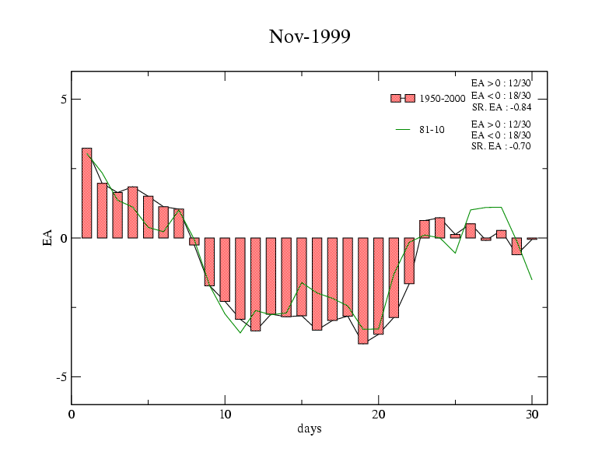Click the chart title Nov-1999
click(x=310, y=37)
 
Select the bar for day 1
click(x=87, y=193)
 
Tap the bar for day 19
click(x=363, y=290)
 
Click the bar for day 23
click(x=425, y=229)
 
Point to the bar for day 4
click(x=133, y=212)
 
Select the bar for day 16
click(x=317, y=284)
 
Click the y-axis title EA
click(x=47, y=238)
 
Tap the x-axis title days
click(x=309, y=429)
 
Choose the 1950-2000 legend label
click(x=443, y=99)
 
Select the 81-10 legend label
click(x=432, y=130)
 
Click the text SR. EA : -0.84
click(x=501, y=107)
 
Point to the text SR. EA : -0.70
click(x=501, y=145)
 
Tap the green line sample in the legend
click(x=403, y=130)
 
